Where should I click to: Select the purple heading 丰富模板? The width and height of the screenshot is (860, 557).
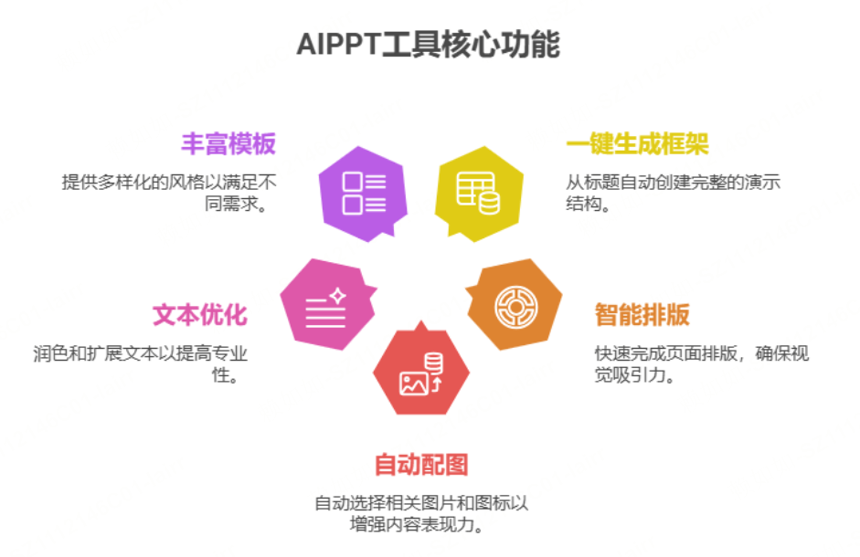[x=228, y=144]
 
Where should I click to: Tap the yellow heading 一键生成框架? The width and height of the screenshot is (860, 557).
[x=637, y=144]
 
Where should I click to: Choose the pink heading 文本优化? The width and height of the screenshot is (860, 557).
[x=199, y=315]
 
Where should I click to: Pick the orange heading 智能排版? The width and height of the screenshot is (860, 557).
[x=642, y=315]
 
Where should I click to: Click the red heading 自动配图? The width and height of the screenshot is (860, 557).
[x=421, y=464]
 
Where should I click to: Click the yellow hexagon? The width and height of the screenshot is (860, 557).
[x=478, y=193]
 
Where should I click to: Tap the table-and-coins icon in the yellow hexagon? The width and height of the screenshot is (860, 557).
[x=478, y=192]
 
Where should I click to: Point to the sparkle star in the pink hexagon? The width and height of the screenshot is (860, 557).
[x=336, y=296]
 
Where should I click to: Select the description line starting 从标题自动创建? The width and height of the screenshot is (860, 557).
[x=673, y=182]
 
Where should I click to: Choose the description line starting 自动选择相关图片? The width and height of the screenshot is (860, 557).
[x=421, y=503]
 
